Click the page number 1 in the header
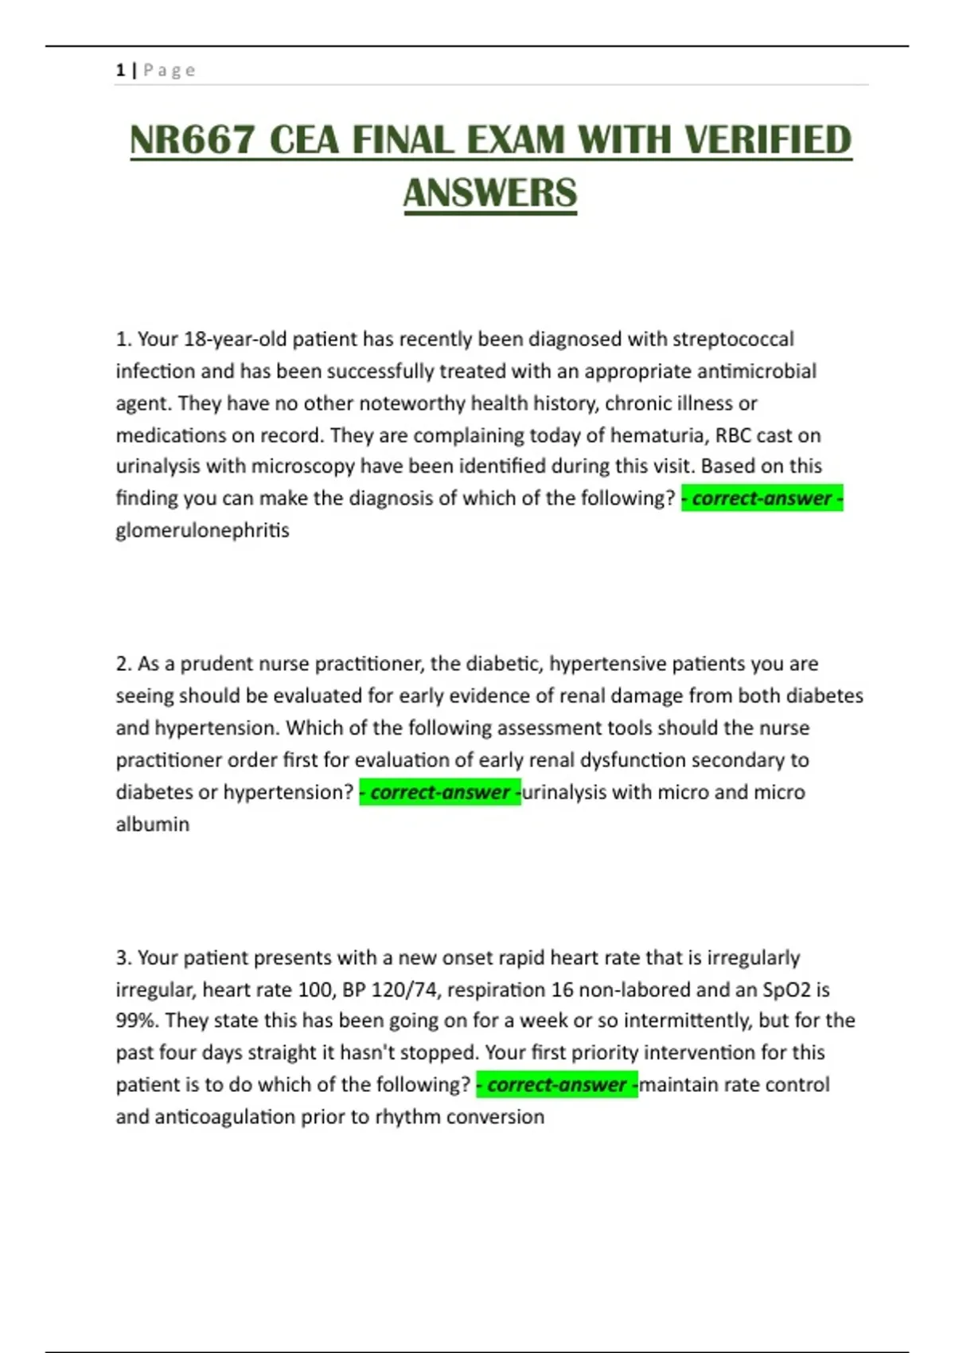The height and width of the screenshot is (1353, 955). tap(120, 70)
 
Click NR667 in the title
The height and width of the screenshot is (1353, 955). tap(192, 141)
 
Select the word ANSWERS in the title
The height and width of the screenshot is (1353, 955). tap(490, 193)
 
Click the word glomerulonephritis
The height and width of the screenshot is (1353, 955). tap(202, 530)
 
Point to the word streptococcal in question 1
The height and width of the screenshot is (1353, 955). tap(733, 339)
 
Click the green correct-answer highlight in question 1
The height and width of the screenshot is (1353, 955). tap(762, 498)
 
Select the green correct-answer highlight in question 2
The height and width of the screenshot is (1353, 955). tap(440, 792)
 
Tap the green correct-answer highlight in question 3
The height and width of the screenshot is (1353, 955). tap(557, 1085)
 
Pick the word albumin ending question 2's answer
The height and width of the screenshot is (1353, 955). tap(153, 825)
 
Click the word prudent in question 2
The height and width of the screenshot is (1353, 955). tap(217, 664)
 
